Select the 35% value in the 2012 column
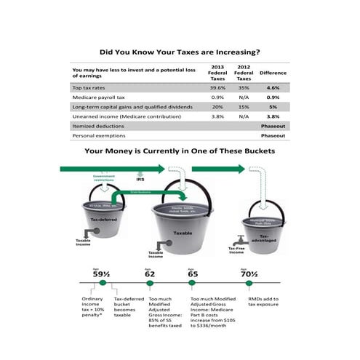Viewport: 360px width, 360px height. [244, 87]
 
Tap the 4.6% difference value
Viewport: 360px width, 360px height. [273, 87]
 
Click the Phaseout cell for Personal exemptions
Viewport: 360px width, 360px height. [273, 135]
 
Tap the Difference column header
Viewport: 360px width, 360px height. [273, 72]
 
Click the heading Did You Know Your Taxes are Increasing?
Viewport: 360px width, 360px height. [180, 52]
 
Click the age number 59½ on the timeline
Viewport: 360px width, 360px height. [100, 274]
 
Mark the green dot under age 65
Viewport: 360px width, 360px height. [192, 284]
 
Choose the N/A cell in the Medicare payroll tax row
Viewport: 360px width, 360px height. [244, 97]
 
